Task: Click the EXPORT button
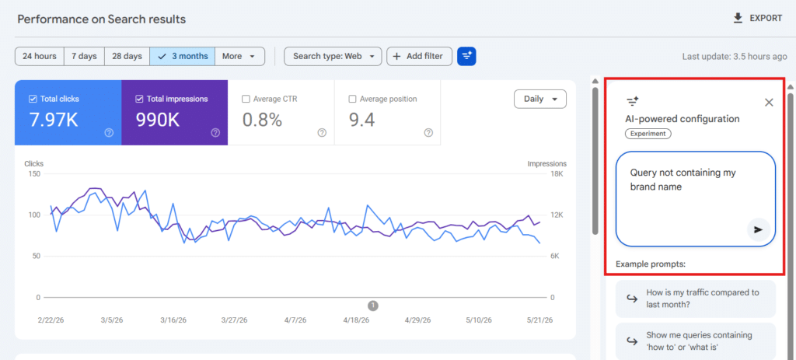757,19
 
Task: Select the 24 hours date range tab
40,56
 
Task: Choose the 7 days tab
84,56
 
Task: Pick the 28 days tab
127,56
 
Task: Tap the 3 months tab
182,56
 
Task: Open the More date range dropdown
239,56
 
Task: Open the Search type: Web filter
333,56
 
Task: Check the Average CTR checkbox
246,99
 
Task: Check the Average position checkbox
352,99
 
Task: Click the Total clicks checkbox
33,99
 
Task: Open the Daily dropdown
540,99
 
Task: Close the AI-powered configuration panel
769,103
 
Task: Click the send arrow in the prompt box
759,229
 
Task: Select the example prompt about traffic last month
696,299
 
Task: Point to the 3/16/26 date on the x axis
173,320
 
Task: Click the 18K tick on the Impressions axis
557,174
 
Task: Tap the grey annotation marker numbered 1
373,306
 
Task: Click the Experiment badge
648,134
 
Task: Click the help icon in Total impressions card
215,133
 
